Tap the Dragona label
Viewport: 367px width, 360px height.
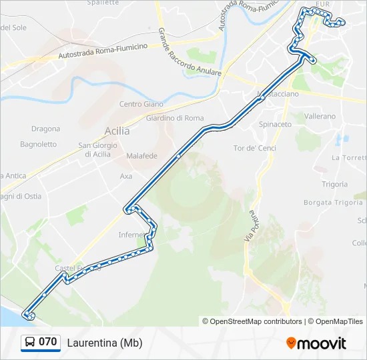(x=45, y=129)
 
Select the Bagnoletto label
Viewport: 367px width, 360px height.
(x=38, y=144)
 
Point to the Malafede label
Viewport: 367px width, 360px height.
(x=141, y=156)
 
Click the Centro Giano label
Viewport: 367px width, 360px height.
(x=141, y=104)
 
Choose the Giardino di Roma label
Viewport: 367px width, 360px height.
(x=174, y=118)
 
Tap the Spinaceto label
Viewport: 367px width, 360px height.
(x=276, y=125)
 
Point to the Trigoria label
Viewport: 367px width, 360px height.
(x=334, y=184)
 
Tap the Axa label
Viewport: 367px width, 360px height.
(x=126, y=177)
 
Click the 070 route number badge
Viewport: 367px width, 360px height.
(x=47, y=342)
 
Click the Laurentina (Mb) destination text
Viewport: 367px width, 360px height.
(x=105, y=343)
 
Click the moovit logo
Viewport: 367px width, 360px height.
(x=316, y=343)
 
